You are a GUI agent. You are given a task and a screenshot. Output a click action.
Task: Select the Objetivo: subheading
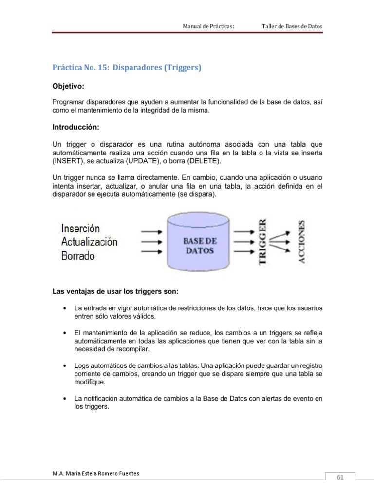(x=68, y=86)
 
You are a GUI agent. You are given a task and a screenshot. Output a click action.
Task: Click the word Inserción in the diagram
(x=80, y=228)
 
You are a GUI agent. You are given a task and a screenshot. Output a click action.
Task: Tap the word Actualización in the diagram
(x=89, y=242)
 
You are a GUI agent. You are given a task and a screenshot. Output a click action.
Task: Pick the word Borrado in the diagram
(x=78, y=255)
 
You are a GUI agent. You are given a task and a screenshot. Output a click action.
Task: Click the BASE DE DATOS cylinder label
(x=200, y=246)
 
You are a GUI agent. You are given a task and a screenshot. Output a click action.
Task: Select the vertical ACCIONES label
(x=302, y=242)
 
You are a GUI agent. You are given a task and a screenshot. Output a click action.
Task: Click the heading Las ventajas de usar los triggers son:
(x=115, y=292)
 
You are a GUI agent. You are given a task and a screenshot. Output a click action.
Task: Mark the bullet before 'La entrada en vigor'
(x=65, y=309)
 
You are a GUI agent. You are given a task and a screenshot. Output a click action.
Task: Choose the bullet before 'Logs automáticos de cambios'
(x=65, y=365)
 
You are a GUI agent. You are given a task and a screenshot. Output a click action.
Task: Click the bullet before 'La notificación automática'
(x=65, y=399)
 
